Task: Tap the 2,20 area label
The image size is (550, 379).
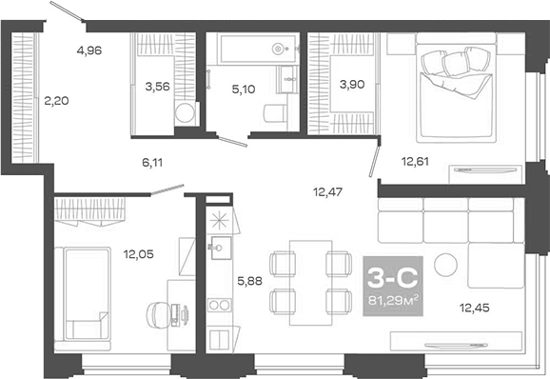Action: coord(55,99)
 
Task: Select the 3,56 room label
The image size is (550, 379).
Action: coord(157,87)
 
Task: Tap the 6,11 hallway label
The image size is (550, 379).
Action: coord(152,163)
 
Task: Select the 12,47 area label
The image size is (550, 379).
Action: coord(327,192)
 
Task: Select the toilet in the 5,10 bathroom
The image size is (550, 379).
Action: coord(273,113)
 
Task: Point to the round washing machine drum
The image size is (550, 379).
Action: coord(187,114)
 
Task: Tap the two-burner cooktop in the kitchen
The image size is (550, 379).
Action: coord(217,307)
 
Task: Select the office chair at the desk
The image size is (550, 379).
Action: coord(158,312)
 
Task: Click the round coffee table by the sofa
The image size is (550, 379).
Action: coord(444,265)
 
